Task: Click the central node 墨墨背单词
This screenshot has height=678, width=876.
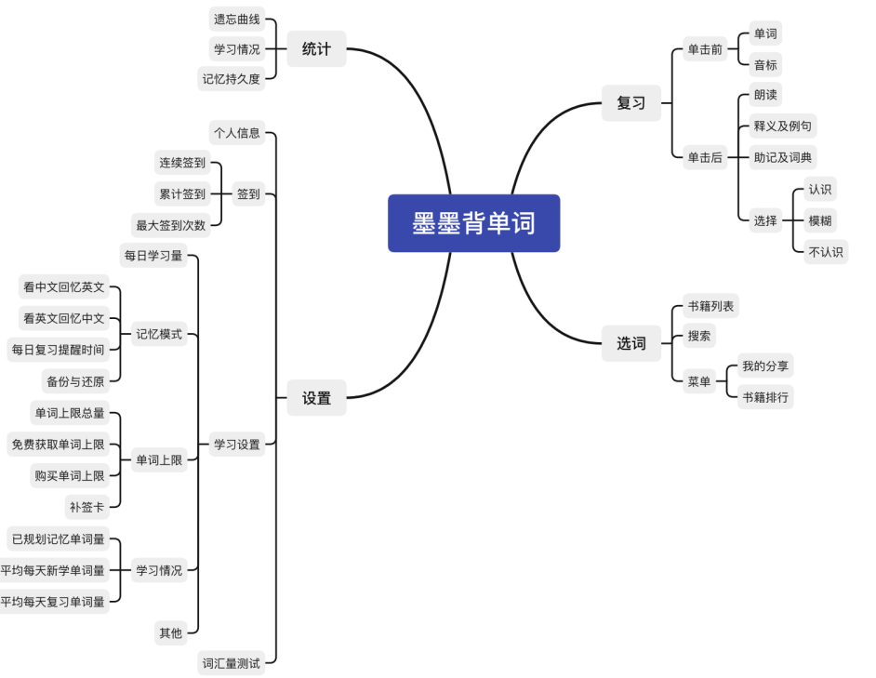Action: click(x=473, y=223)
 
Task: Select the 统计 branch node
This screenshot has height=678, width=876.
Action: click(x=316, y=49)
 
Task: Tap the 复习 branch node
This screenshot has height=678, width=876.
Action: click(x=630, y=103)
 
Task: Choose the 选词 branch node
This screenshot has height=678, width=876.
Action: click(x=630, y=343)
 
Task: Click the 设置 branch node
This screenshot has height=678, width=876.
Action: click(x=316, y=398)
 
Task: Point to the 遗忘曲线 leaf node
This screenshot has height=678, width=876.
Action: click(x=236, y=19)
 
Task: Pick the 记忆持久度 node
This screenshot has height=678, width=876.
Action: click(x=232, y=79)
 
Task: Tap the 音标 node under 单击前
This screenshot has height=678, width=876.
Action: click(x=765, y=65)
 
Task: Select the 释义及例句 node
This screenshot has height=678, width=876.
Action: click(x=783, y=126)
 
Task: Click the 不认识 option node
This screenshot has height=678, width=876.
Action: click(x=826, y=251)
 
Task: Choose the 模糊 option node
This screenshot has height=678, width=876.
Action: click(x=820, y=220)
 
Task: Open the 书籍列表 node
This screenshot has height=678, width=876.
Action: click(x=712, y=305)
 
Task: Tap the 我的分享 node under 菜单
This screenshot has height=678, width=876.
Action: click(x=764, y=366)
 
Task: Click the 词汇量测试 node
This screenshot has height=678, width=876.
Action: click(x=232, y=664)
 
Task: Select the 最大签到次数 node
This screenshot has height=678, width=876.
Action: click(x=171, y=224)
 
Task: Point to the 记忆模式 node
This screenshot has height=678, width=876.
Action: click(x=159, y=335)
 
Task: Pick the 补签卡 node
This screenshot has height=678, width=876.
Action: click(x=86, y=507)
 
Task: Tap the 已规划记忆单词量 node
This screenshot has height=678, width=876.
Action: click(x=58, y=538)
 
